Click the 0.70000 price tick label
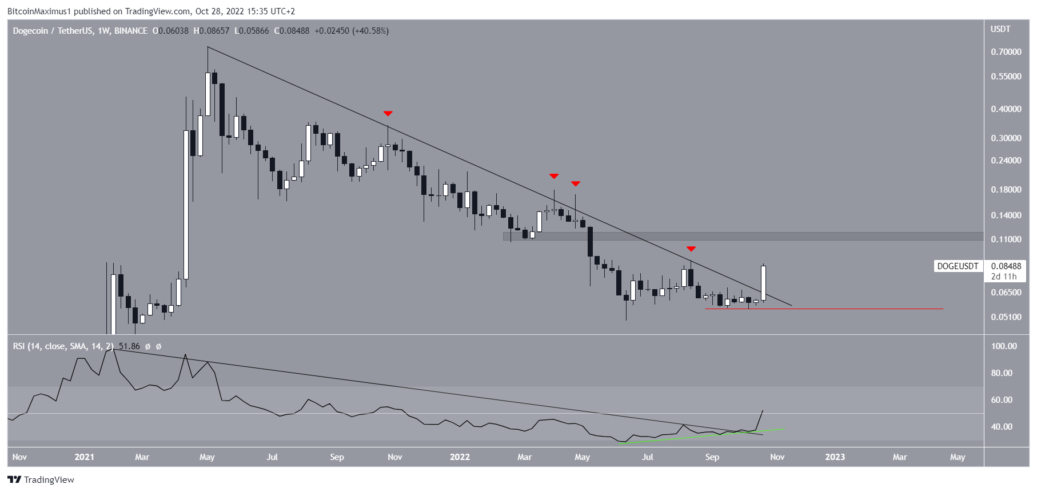click(x=1006, y=52)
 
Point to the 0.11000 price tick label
click(x=1006, y=239)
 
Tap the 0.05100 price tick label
click(x=1006, y=317)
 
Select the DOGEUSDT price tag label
click(x=958, y=266)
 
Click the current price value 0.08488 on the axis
click(x=1006, y=266)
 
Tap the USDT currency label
click(x=1000, y=29)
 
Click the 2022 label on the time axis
click(x=460, y=457)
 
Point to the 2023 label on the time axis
click(x=835, y=457)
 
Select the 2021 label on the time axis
click(x=84, y=457)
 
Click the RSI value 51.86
click(x=129, y=346)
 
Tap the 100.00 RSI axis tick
click(x=1004, y=346)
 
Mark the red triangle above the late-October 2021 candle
click(x=388, y=114)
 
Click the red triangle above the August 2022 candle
click(x=691, y=249)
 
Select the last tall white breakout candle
click(x=763, y=283)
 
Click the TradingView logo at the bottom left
click(x=41, y=480)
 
